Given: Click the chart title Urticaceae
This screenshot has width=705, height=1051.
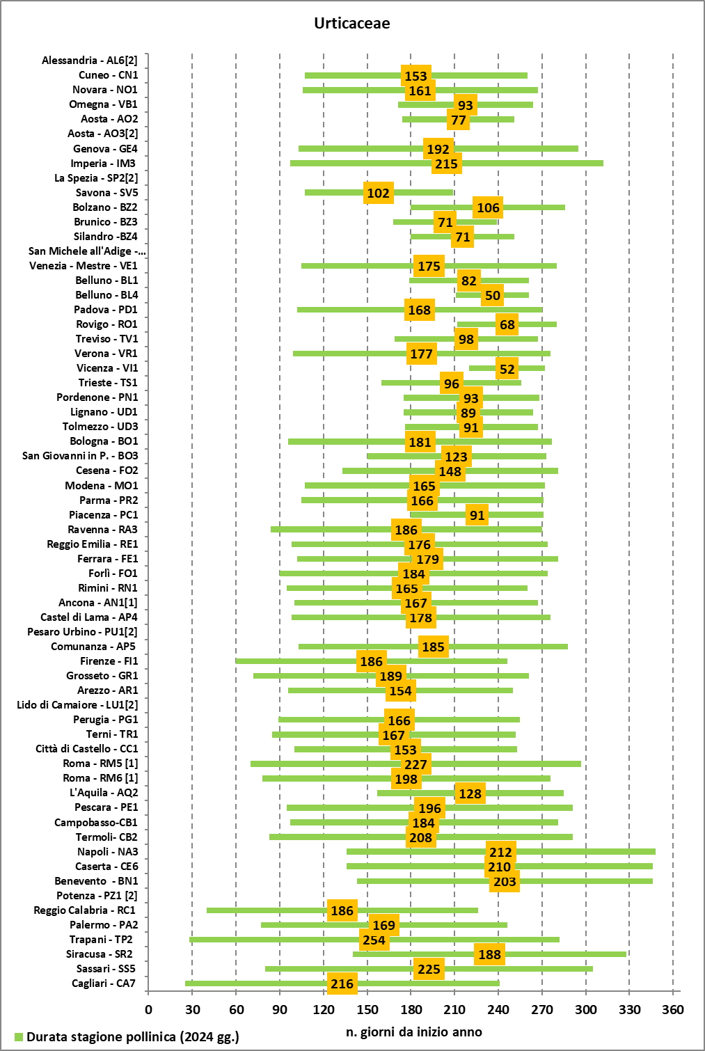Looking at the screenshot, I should (351, 23).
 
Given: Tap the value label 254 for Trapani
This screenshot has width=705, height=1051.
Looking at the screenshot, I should (374, 940).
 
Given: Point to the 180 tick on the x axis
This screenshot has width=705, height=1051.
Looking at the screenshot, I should (411, 1010).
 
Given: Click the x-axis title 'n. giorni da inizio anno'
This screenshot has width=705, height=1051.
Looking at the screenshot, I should (413, 1032).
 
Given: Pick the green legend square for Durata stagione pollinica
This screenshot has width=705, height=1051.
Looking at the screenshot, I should (19, 1037).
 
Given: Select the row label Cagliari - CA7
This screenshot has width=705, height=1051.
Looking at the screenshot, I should (104, 983).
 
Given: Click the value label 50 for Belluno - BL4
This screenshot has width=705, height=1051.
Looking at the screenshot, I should (493, 295).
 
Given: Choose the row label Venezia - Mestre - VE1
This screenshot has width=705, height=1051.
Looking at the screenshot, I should (84, 266).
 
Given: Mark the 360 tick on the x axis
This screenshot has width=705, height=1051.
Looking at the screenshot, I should (673, 1010).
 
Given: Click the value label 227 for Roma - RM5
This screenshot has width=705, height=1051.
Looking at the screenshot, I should (415, 764).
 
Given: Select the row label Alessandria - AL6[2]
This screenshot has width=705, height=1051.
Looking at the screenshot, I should (90, 61).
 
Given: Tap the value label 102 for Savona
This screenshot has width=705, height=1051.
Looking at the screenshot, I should (378, 193).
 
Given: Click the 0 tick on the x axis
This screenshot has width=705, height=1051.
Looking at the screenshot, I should (148, 1010).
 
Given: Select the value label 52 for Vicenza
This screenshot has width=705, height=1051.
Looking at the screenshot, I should (507, 369).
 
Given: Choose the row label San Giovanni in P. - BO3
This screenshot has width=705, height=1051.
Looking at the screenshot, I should (80, 456).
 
